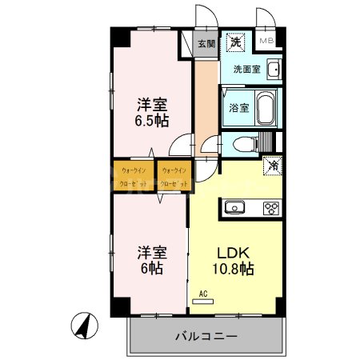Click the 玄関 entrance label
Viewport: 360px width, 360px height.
206,45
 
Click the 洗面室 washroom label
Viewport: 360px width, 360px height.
246,69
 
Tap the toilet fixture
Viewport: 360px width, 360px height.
250,143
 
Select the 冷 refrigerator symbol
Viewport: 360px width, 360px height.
272,167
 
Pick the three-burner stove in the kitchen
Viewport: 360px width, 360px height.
271,209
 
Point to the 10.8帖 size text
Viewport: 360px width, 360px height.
233,270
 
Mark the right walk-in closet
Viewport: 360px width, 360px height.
174,176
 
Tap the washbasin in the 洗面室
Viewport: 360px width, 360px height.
274,70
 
